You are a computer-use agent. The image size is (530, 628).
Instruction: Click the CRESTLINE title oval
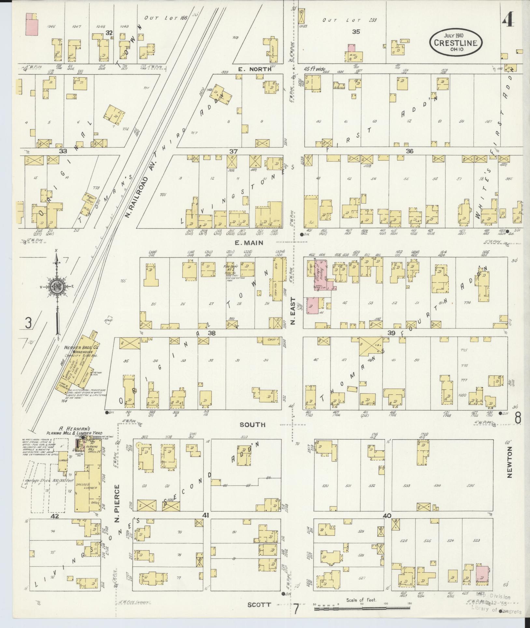click(455, 42)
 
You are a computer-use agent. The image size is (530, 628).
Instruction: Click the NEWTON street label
click(509, 467)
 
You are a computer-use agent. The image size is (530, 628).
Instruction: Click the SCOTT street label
click(259, 605)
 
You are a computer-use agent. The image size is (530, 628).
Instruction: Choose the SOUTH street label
click(252, 425)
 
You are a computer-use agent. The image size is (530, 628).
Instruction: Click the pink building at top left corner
click(32, 24)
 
